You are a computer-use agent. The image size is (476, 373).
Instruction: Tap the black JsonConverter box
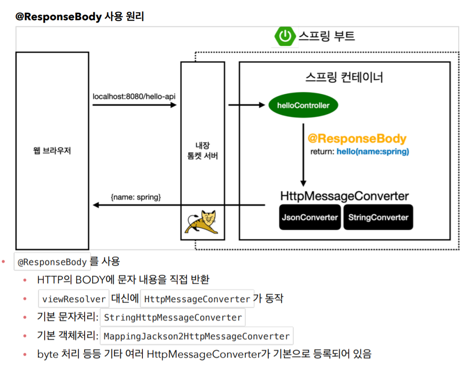coord(310,218)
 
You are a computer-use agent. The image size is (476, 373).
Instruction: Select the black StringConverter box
coord(378,218)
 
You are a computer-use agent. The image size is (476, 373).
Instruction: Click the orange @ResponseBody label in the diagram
coord(357,139)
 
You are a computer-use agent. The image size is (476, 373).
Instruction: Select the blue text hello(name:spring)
coord(373,152)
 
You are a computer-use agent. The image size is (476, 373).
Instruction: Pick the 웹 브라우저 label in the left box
coord(52,151)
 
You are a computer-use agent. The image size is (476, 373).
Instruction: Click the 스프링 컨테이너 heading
coord(344,77)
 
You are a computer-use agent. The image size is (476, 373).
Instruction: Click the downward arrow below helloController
coord(304,155)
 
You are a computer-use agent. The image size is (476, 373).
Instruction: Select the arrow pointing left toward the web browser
coord(179,205)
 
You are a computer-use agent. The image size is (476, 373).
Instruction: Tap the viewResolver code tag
coord(74,299)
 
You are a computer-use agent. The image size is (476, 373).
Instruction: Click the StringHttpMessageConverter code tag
coord(173,318)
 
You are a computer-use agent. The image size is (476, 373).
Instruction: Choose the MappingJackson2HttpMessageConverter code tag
coord(196,336)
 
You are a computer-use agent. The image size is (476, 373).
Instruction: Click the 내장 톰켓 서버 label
coord(203,151)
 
